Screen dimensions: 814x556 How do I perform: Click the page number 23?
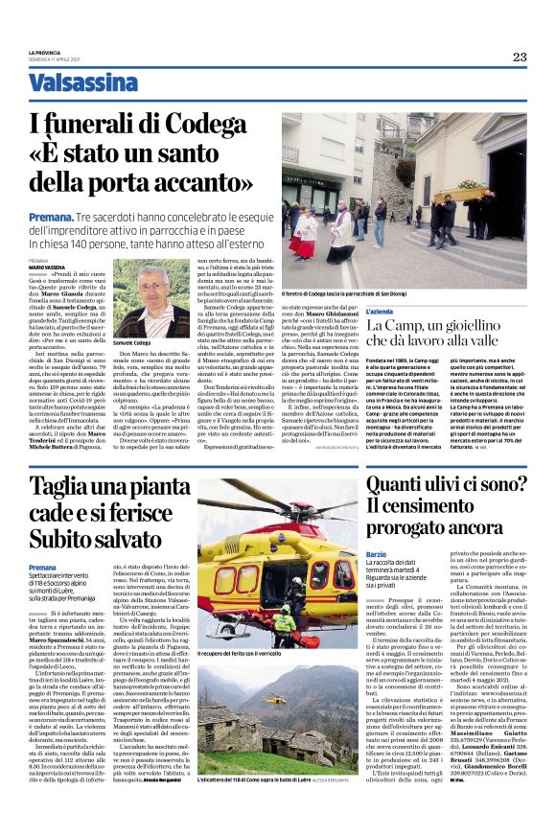pos(519,57)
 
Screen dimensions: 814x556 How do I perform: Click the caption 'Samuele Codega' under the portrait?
pos(131,341)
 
